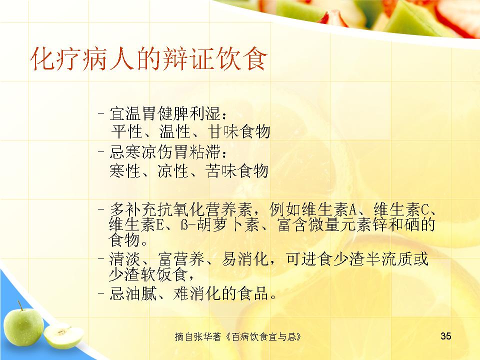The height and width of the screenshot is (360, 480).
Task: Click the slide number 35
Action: click(445, 336)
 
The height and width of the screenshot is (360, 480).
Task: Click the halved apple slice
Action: click(63, 336)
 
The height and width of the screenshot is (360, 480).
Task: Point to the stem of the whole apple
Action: click(20, 305)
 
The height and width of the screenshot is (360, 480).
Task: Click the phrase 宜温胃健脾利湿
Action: click(165, 113)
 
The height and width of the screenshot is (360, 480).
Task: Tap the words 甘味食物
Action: click(239, 131)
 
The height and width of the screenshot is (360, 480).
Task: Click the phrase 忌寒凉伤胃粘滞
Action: click(165, 152)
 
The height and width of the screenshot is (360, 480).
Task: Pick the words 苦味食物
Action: click(237, 170)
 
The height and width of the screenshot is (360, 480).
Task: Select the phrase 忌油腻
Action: click(133, 293)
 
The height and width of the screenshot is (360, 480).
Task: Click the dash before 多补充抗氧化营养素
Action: click(101, 209)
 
